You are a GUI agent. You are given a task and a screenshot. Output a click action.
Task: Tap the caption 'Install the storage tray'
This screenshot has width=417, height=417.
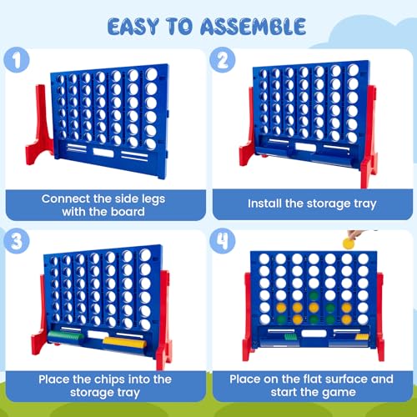[x=310, y=203]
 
